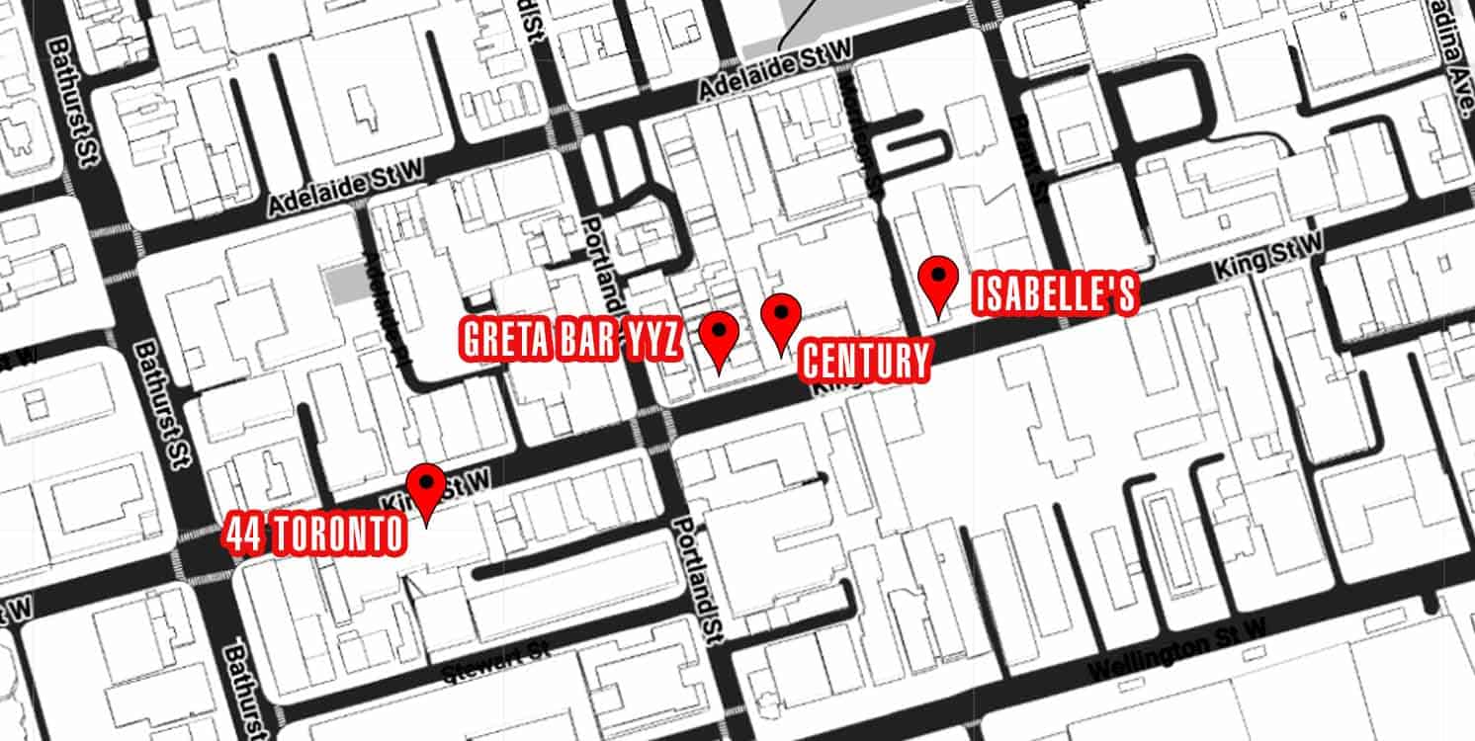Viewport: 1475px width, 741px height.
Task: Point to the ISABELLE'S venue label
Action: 1055,295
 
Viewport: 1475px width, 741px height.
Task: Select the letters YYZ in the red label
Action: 648,340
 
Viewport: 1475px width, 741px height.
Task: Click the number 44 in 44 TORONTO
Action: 242,535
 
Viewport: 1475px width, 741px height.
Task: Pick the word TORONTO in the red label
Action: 337,535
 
